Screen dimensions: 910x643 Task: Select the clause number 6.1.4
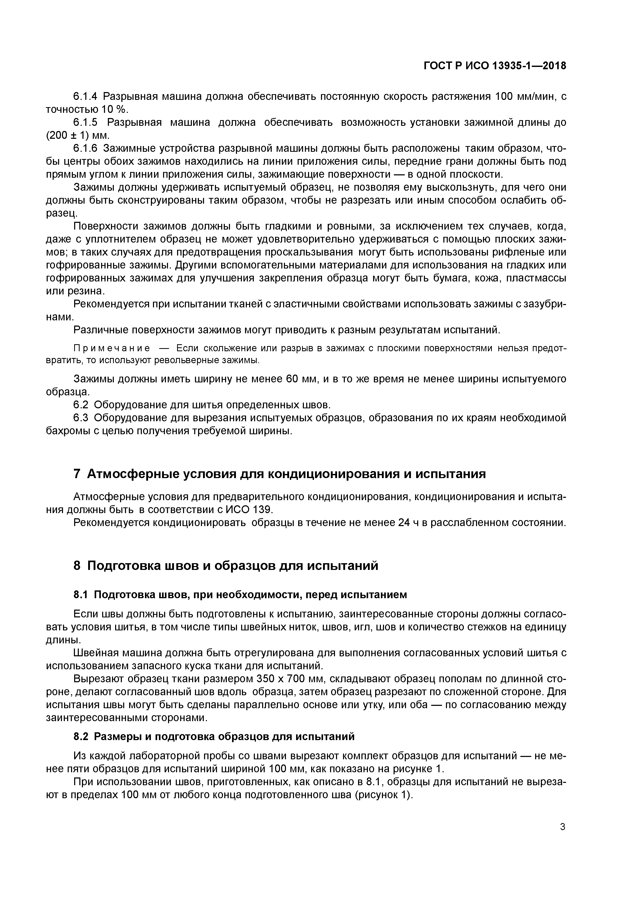[85, 96]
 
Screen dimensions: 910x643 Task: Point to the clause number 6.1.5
[85, 122]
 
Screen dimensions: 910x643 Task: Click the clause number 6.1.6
[85, 149]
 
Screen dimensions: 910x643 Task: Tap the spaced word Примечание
[112, 348]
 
